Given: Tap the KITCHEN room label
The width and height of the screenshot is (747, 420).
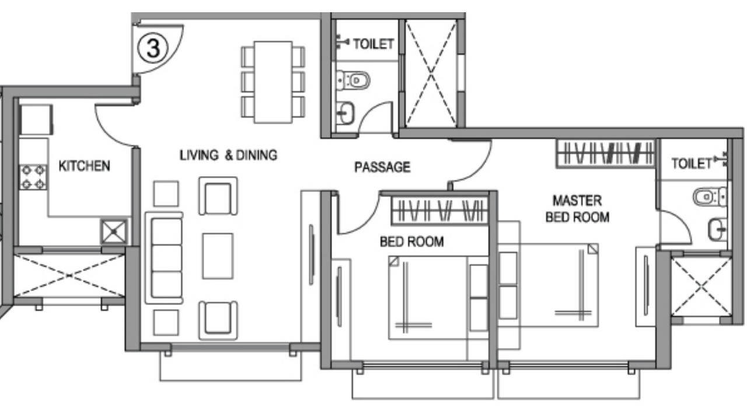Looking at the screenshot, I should click(x=84, y=166).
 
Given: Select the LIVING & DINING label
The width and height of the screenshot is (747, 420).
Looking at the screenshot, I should click(x=228, y=155).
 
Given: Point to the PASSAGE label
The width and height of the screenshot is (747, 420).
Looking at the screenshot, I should click(x=382, y=167).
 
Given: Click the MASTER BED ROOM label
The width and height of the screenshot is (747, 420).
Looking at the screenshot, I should click(x=577, y=209).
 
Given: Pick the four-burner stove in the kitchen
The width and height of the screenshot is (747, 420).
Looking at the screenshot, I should click(x=33, y=177).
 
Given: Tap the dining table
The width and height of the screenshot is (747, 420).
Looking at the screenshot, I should click(x=273, y=82).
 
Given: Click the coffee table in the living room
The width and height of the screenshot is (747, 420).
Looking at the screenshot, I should click(x=218, y=256).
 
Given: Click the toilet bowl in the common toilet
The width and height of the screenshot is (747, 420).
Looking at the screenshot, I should click(x=355, y=80).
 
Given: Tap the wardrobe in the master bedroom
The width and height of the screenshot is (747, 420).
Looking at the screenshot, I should click(x=605, y=153).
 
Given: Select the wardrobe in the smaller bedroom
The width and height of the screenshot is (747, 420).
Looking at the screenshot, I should click(x=439, y=211).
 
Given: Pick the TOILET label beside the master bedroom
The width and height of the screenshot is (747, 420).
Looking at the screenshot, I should click(x=692, y=164).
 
